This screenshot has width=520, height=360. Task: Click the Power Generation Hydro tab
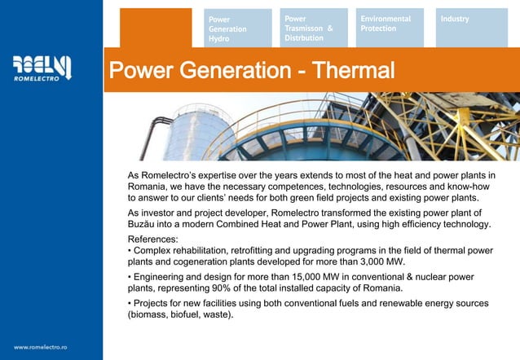click(x=238, y=29)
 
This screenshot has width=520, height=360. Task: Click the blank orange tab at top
click(x=144, y=29)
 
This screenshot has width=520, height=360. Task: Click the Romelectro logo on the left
click(x=43, y=68)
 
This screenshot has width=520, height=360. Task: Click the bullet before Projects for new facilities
click(x=130, y=303)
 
